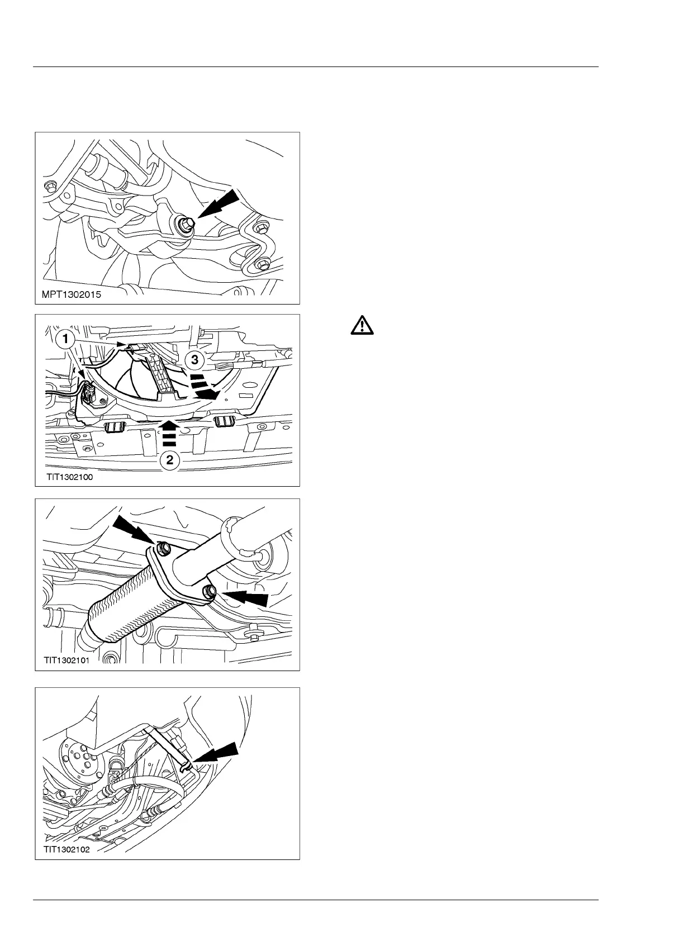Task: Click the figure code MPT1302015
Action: click(72, 294)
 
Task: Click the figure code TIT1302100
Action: click(70, 477)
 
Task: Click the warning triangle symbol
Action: click(363, 326)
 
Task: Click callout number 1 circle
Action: click(66, 339)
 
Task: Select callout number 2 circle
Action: click(170, 461)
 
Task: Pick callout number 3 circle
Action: click(194, 360)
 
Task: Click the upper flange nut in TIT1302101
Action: click(163, 549)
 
